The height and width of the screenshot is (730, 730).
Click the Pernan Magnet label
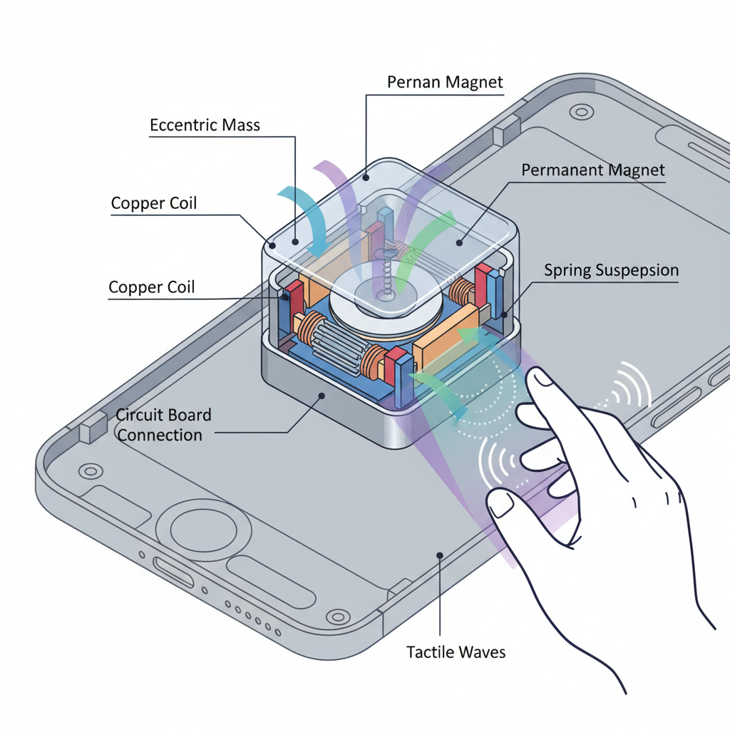click(x=445, y=82)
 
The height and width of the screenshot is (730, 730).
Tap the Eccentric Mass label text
click(x=205, y=125)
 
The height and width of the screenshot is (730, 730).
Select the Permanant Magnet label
click(x=592, y=170)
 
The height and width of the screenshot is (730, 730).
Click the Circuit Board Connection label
click(x=163, y=424)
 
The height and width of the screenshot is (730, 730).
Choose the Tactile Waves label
click(x=456, y=652)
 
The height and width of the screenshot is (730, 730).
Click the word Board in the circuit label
click(x=188, y=415)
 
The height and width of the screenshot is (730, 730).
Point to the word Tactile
click(x=429, y=652)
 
